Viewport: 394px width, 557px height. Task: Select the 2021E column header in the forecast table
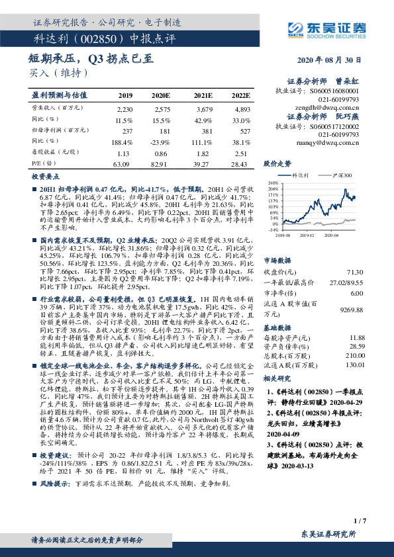click(x=203, y=95)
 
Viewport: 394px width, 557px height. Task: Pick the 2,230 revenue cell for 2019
click(x=124, y=108)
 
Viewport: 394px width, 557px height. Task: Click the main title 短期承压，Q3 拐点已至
click(x=92, y=59)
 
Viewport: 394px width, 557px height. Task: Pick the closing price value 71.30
click(x=354, y=271)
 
